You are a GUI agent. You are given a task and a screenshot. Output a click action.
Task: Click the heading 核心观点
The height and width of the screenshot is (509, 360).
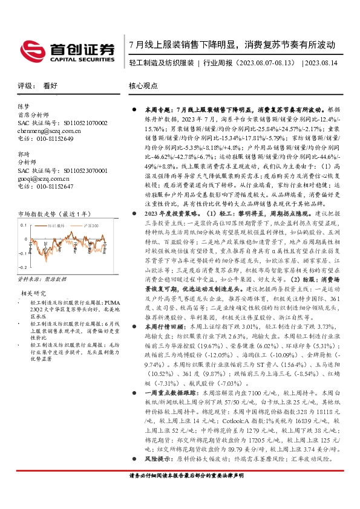pos(143,86)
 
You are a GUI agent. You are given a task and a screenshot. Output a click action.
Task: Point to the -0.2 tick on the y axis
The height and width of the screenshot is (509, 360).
pos(22,267)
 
